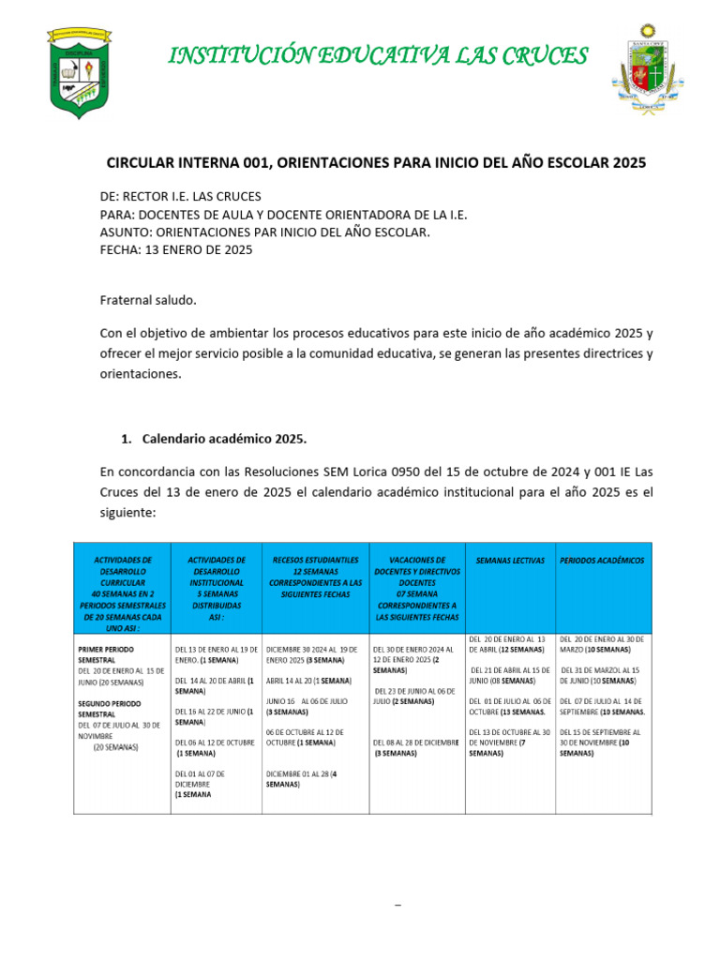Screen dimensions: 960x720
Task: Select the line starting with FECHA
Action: point(176,250)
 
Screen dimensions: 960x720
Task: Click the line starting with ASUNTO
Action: point(264,232)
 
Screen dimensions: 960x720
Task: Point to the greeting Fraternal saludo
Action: point(148,300)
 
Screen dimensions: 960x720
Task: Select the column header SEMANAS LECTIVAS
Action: point(510,561)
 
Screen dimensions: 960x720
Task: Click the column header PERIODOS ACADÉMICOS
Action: point(602,561)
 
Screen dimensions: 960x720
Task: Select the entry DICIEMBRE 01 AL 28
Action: point(302,779)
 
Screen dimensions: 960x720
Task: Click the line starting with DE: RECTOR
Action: point(181,197)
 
